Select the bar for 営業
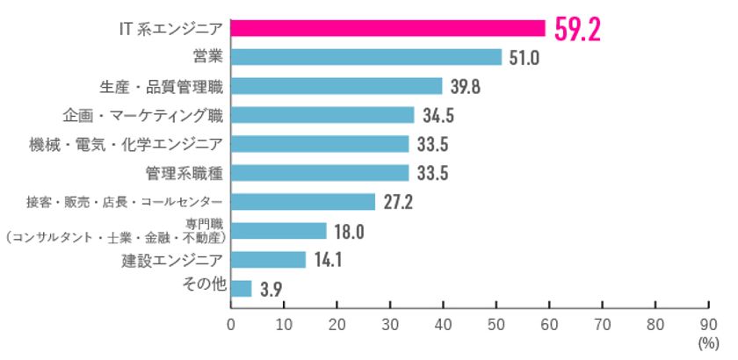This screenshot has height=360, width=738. [365, 57]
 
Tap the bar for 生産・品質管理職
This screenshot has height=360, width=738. [336, 86]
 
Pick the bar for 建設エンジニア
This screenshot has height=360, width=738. [268, 260]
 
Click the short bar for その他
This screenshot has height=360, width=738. [241, 288]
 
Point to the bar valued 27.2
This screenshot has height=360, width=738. [302, 202]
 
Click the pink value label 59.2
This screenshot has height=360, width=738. [577, 29]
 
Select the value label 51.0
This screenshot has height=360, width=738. [522, 58]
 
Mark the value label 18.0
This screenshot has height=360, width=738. [348, 231]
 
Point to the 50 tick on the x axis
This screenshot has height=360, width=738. [496, 324]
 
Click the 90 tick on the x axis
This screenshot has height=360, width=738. [709, 324]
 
